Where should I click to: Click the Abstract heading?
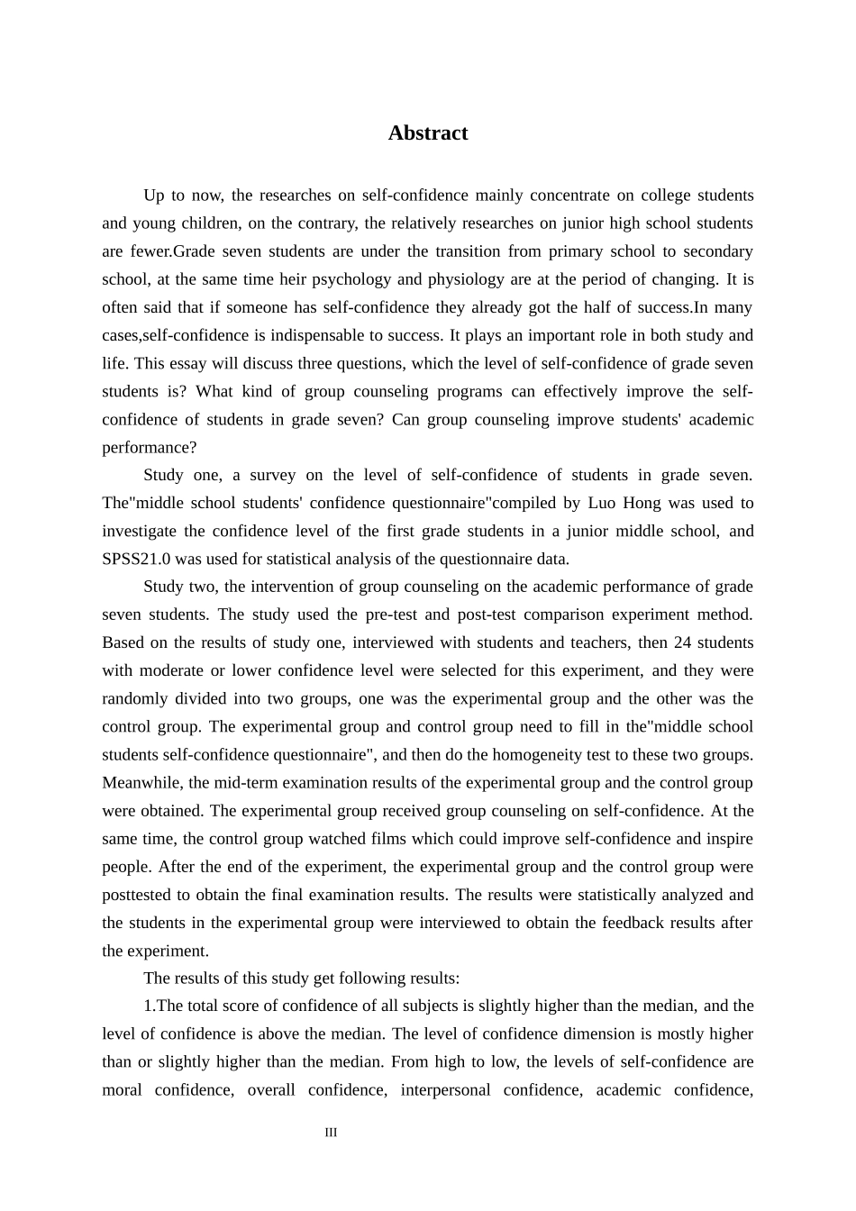tap(428, 133)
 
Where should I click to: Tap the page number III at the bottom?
tap(331, 1133)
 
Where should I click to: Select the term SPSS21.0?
tap(136, 559)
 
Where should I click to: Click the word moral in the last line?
tap(122, 1089)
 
